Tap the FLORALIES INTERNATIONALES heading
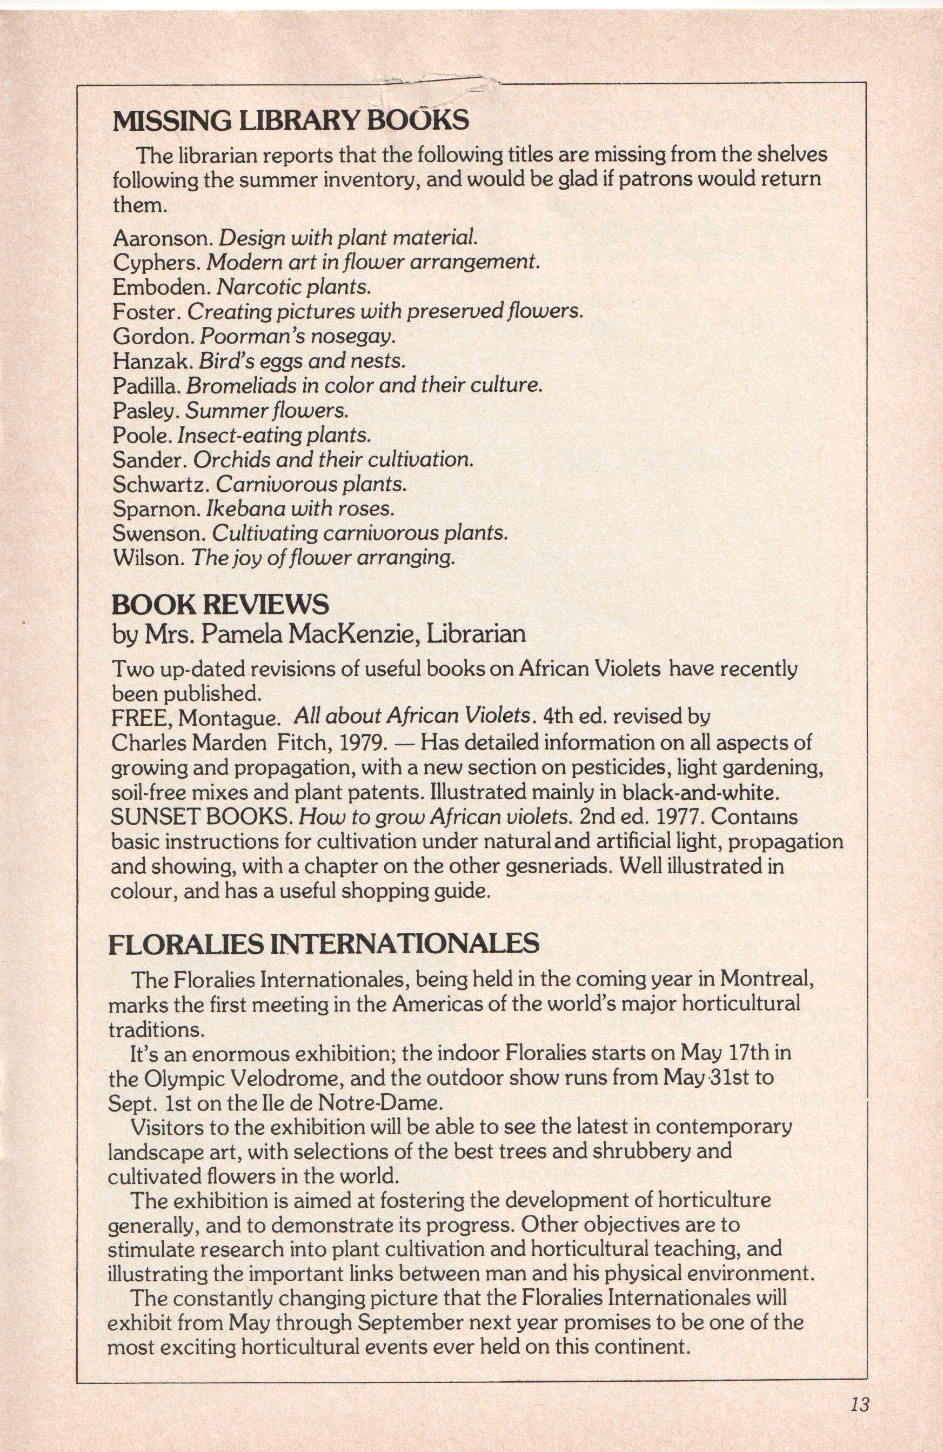[x=323, y=944]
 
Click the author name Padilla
[x=146, y=386]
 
